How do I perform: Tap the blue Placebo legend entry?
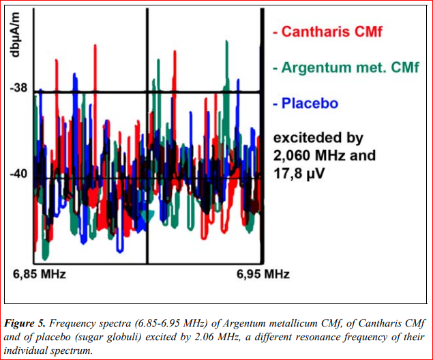point(305,104)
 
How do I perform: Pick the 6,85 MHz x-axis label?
point(40,275)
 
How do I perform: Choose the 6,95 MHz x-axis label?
point(263,275)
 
